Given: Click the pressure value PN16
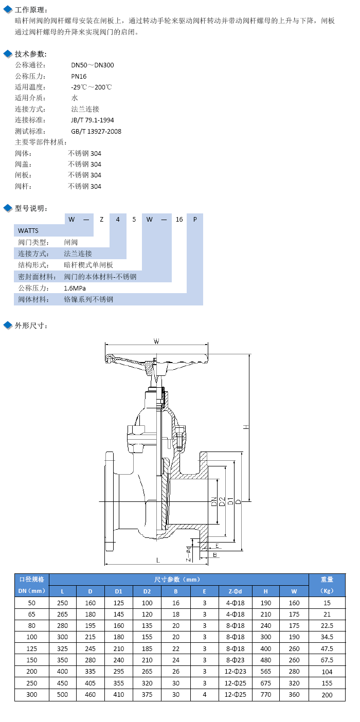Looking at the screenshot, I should pyautogui.click(x=79, y=76).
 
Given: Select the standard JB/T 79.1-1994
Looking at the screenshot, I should pyautogui.click(x=93, y=120).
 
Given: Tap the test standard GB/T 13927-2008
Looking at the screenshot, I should pyautogui.click(x=96, y=131).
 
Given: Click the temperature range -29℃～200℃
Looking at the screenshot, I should pyautogui.click(x=92, y=87).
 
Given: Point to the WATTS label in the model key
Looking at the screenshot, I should pyautogui.click(x=28, y=230).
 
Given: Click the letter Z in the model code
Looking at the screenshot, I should pyautogui.click(x=102, y=219).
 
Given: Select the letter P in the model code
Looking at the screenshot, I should pyautogui.click(x=195, y=219).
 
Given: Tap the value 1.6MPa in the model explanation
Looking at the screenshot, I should pyautogui.click(x=75, y=288).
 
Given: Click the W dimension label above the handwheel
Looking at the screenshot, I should pyautogui.click(x=156, y=341).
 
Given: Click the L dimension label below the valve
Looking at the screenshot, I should pyautogui.click(x=158, y=559).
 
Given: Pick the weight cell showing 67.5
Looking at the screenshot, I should pyautogui.click(x=327, y=660).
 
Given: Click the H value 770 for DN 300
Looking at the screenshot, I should pyautogui.click(x=266, y=695).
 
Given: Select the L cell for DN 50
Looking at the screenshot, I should pyautogui.click(x=63, y=603).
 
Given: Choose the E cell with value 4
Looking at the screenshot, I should pyautogui.click(x=205, y=695).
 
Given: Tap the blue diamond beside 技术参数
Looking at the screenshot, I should pyautogui.click(x=8, y=54).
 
